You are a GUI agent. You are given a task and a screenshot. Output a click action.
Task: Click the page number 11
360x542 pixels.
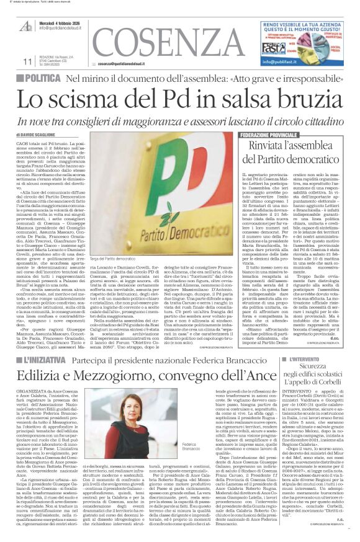[x=27, y=61]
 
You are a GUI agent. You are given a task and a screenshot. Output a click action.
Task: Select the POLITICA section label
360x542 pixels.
[x=43, y=78]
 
